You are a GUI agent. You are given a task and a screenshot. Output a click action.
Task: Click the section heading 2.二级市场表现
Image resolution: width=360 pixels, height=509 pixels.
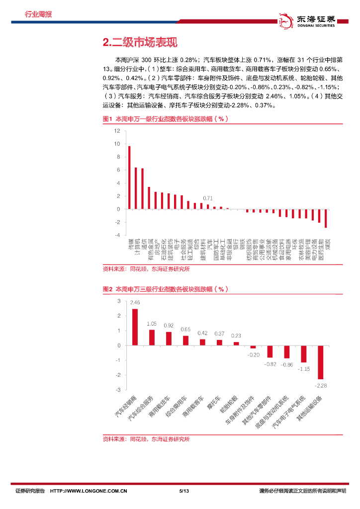(x=139, y=42)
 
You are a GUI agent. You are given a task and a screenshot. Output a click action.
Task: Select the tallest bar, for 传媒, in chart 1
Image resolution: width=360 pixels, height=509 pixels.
(x=129, y=177)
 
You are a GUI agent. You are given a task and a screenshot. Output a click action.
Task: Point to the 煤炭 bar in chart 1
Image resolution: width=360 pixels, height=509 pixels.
(x=326, y=218)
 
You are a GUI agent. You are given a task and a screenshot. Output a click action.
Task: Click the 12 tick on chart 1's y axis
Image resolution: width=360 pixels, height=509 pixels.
(x=117, y=131)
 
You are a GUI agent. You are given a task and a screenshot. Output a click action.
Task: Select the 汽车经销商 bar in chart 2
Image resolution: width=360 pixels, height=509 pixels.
(x=135, y=327)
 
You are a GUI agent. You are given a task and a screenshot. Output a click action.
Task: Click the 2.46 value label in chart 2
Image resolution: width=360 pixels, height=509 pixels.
(x=135, y=302)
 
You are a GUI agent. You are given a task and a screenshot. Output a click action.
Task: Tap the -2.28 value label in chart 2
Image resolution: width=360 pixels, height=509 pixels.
(x=321, y=385)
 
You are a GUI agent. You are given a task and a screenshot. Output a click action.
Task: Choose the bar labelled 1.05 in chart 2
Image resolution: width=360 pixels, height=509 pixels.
(x=152, y=338)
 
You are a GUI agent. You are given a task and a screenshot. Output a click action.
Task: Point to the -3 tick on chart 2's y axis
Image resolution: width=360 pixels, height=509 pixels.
(x=118, y=390)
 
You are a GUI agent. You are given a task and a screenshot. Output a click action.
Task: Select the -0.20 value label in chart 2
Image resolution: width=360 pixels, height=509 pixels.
(x=254, y=355)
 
